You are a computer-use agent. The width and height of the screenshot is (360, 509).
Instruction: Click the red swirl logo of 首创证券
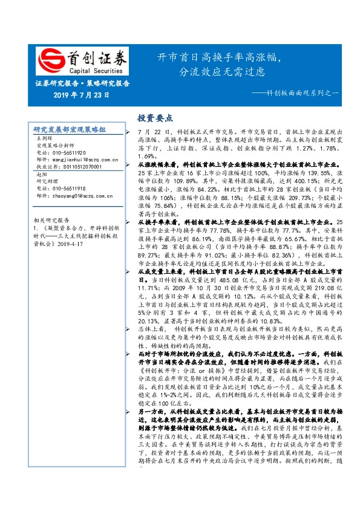[50, 59]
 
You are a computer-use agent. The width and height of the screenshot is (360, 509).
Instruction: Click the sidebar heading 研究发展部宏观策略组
[70, 130]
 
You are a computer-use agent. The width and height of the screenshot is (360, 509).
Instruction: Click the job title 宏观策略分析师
[55, 146]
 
